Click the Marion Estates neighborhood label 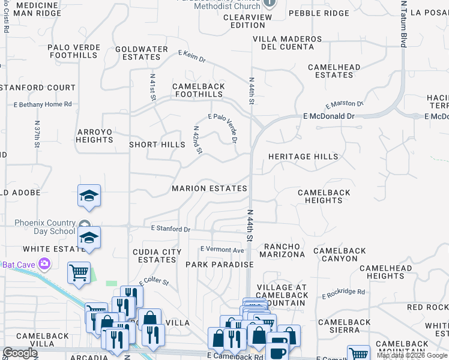[209, 188]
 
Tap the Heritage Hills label [303, 157]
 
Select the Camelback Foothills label [198, 90]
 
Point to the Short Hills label [157, 145]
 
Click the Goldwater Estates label [141, 53]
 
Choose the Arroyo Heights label [94, 136]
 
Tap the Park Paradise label [219, 265]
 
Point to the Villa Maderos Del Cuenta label [288, 43]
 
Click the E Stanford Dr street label [170, 229]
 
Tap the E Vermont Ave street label [222, 250]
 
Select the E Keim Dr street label [192, 57]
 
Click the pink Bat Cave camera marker [44, 264]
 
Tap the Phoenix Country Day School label [37, 227]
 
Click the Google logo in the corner [20, 353]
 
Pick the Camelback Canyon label [340, 254]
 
